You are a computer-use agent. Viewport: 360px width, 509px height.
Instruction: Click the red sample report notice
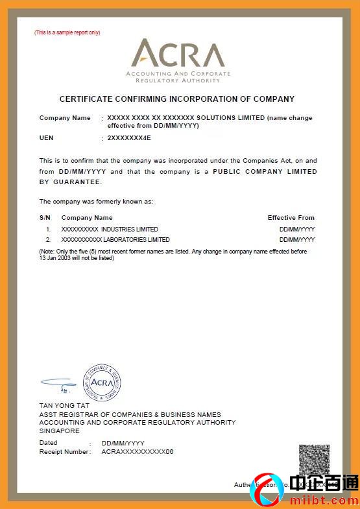67,32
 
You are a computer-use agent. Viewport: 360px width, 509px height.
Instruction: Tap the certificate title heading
177,99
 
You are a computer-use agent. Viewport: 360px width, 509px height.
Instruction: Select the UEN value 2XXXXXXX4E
129,138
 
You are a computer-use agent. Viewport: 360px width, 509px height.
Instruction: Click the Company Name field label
65,118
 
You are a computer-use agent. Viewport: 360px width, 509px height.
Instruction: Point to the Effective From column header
291,218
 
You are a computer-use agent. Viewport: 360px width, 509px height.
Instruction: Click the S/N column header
45,218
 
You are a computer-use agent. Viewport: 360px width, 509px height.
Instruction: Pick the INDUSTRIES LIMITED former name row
110,230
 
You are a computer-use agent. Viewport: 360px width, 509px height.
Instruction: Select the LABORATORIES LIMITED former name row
115,240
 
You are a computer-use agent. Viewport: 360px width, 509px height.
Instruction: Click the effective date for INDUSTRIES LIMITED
297,230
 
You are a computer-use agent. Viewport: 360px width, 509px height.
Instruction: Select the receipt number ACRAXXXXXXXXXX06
138,451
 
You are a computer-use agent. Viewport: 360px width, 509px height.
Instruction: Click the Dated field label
49,443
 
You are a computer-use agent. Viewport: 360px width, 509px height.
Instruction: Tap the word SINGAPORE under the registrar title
60,431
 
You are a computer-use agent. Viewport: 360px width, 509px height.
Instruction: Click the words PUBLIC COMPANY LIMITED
265,172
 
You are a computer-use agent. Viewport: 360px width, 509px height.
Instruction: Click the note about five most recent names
173,254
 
